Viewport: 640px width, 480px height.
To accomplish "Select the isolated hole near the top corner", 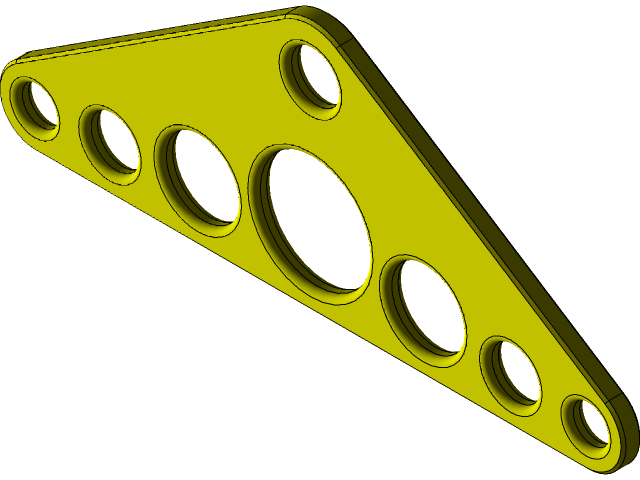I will tap(313, 75).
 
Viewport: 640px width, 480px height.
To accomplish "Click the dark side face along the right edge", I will tap(480, 200).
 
